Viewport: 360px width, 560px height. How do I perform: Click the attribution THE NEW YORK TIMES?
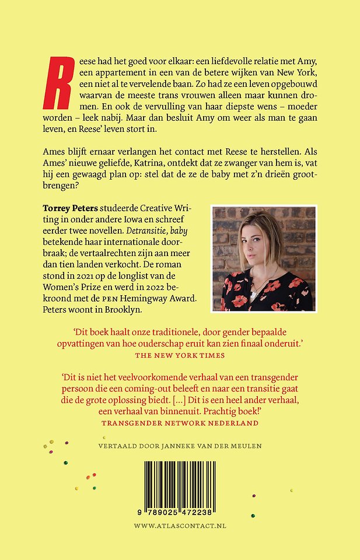click(180, 355)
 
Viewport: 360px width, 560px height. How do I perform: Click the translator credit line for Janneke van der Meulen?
click(180, 446)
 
